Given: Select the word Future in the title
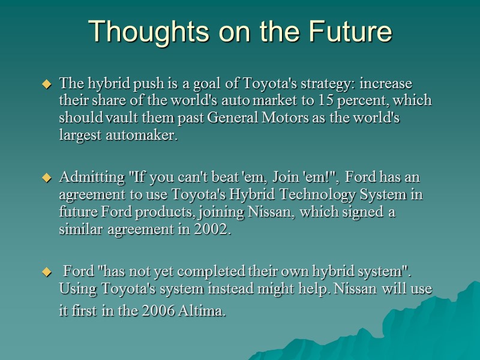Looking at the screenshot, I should click(351, 32).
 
